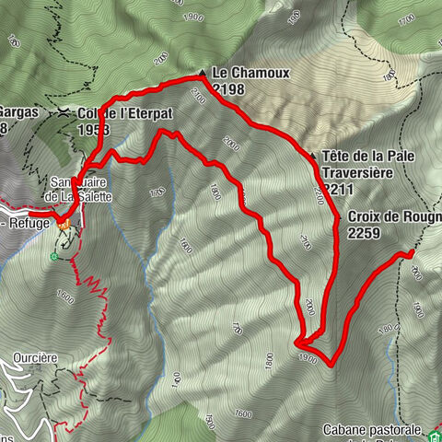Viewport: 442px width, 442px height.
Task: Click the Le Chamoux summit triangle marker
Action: [202, 73]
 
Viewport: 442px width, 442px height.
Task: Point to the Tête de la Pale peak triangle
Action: [313, 157]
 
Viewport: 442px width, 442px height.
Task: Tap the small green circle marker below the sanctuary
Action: [54, 256]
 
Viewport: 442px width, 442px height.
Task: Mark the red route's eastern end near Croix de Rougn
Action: [412, 250]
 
